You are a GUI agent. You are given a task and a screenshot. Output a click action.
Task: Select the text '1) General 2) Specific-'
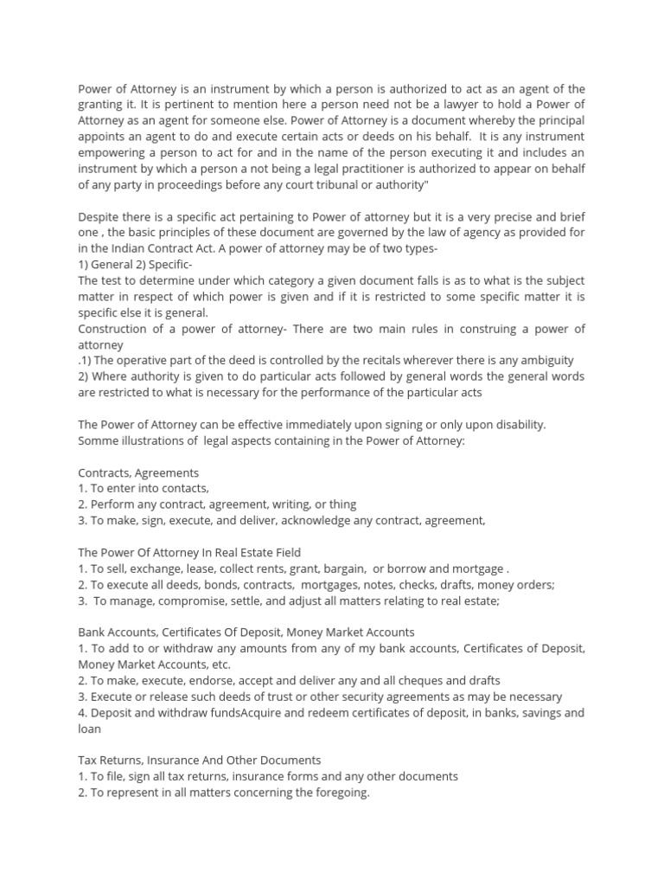coord(136,264)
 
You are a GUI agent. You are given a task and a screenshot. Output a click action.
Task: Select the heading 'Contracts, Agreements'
coord(138,472)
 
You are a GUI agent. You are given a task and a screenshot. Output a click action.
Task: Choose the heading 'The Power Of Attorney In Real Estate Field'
coord(189,552)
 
